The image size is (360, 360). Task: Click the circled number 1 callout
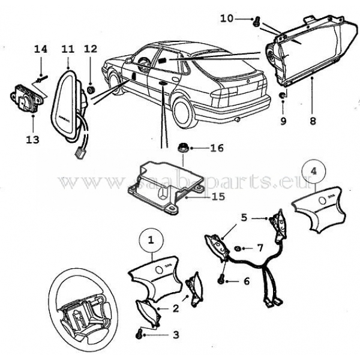coord(151,239)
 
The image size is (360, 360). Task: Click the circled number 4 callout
coord(312,171)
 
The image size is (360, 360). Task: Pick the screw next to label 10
coord(256,23)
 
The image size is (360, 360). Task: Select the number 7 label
coord(259,247)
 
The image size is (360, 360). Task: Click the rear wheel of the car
coord(183,114)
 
